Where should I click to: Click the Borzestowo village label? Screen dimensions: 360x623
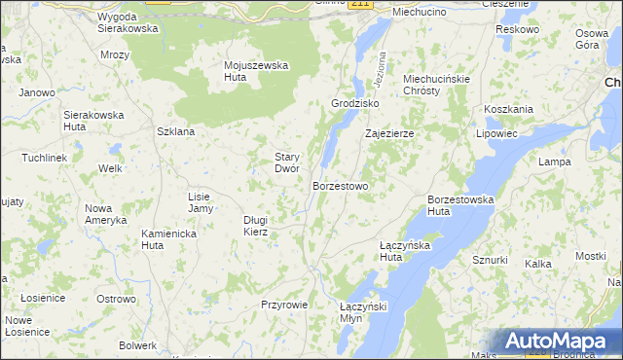click(x=340, y=185)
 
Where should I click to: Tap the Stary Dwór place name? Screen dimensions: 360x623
click(x=286, y=162)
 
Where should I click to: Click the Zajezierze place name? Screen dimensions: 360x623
click(x=389, y=133)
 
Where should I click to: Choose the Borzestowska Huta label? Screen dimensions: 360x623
click(x=460, y=204)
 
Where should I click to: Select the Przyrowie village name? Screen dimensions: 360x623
click(x=284, y=305)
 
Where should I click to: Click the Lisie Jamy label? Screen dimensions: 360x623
click(x=200, y=202)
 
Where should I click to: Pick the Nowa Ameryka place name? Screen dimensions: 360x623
click(x=105, y=214)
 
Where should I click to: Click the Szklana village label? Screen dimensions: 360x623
click(x=176, y=131)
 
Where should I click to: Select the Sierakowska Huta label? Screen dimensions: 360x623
click(x=93, y=121)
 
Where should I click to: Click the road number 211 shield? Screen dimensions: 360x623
click(x=360, y=4)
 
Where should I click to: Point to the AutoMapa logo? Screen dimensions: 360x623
click(x=558, y=342)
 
